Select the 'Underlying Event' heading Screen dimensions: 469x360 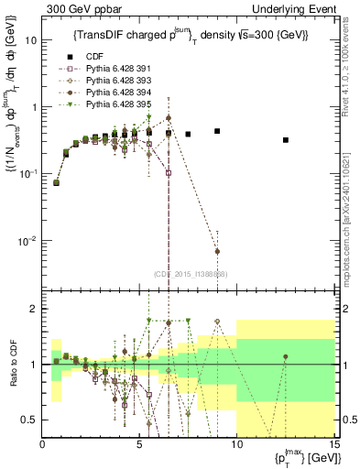click(293, 8)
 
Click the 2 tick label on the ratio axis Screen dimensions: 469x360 click(35, 309)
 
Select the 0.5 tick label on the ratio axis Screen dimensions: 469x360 click(30, 420)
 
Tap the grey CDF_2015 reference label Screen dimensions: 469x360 click(190, 274)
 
